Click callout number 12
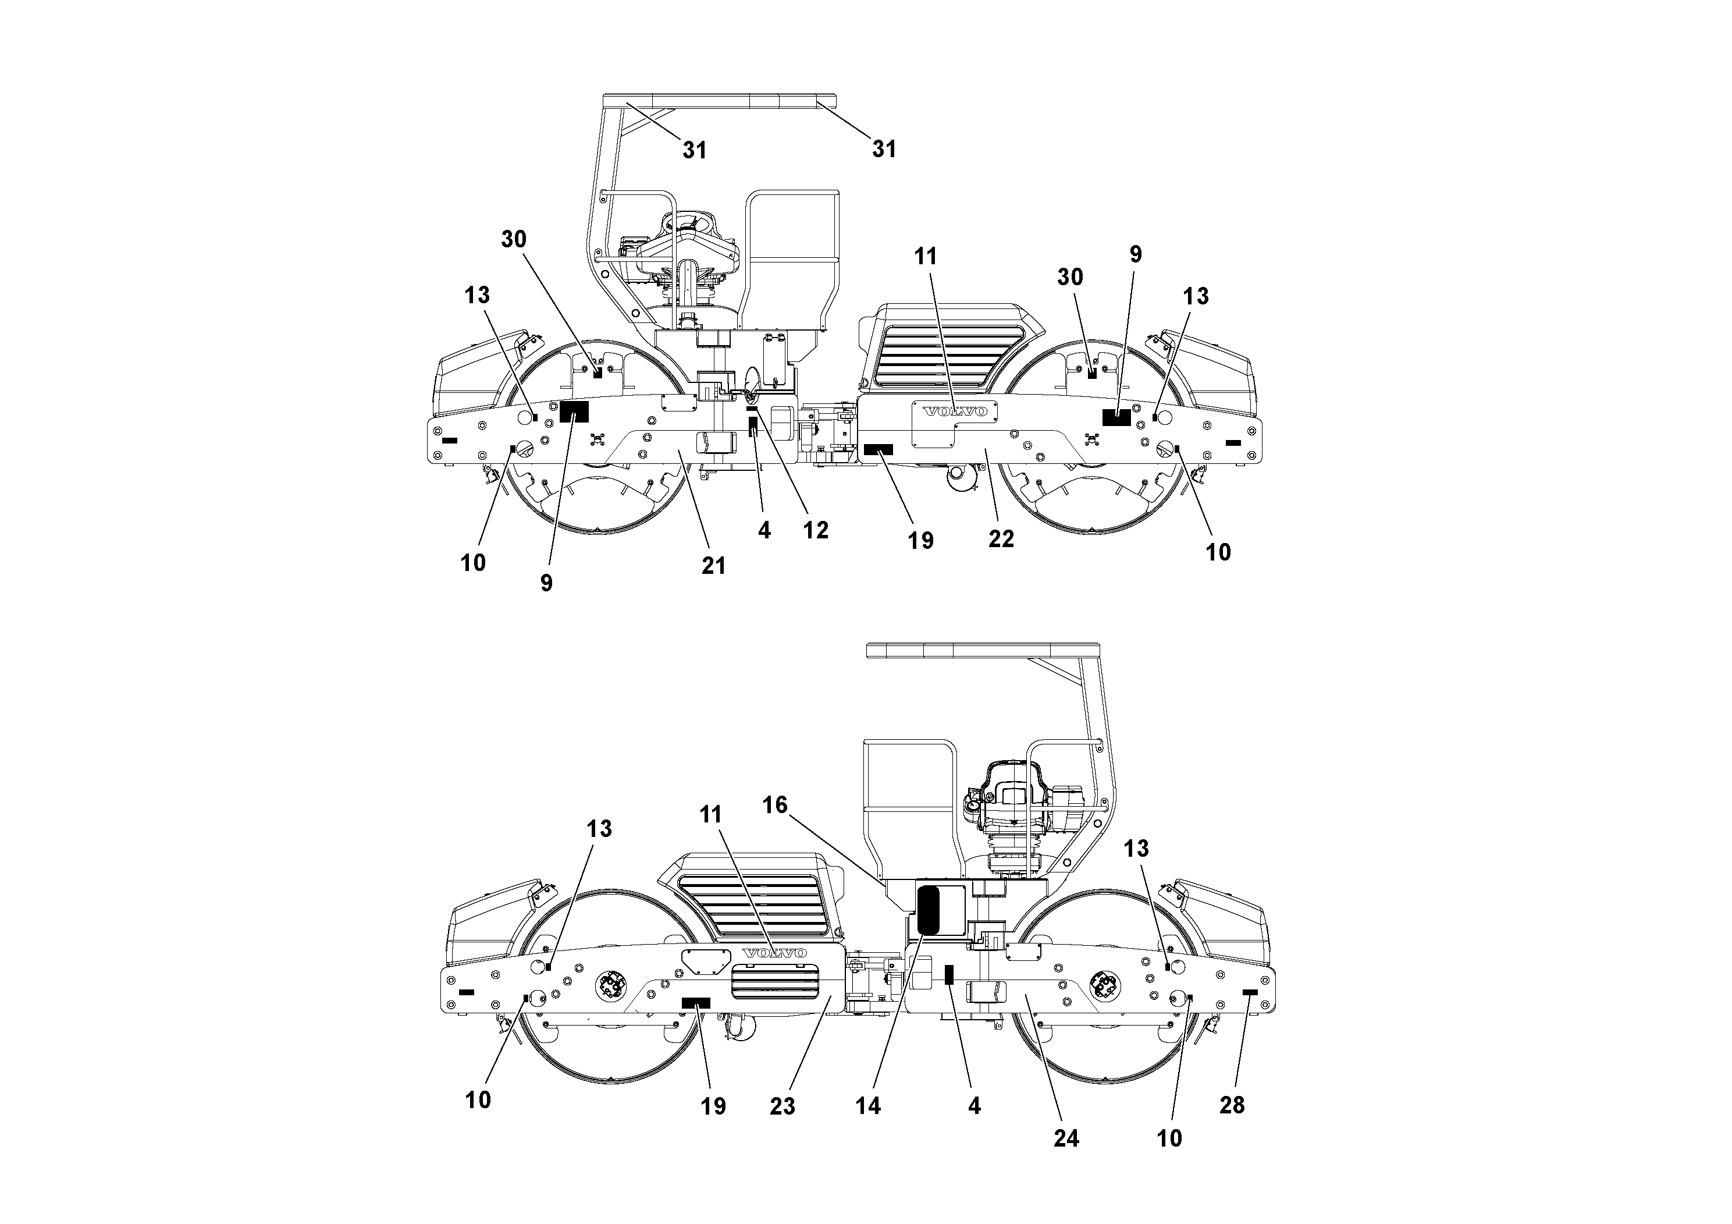point(816,530)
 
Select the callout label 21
point(714,565)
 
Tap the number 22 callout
point(1001,539)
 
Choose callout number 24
point(1066,1138)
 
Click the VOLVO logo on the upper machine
point(955,411)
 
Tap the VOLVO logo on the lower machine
point(775,953)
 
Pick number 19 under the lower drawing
point(713,1106)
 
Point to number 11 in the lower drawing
point(710,814)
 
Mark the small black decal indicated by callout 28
point(1250,992)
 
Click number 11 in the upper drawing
point(926,257)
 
